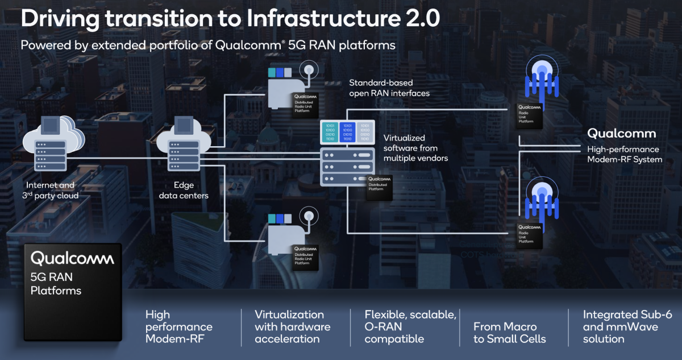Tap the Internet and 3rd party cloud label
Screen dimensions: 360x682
(51, 191)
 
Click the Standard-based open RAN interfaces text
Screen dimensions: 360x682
(389, 88)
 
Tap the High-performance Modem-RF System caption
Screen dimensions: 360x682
(625, 154)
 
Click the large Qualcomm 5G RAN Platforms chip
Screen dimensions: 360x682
(72, 292)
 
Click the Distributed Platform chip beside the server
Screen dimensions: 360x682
(380, 186)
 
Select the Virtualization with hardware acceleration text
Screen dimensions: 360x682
(292, 326)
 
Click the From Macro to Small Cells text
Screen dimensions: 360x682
(509, 333)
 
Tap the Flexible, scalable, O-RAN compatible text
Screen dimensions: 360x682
(410, 326)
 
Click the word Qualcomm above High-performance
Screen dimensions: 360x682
(621, 134)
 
